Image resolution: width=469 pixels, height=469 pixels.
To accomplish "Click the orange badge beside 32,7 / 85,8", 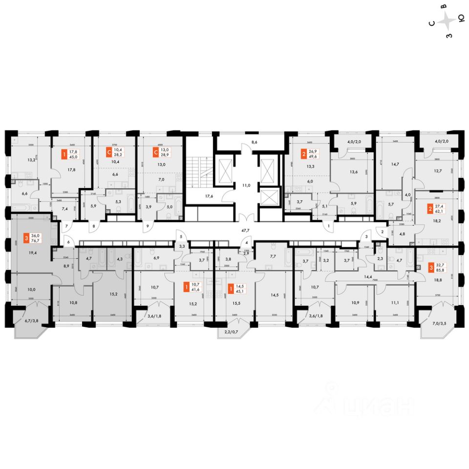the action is (430, 267).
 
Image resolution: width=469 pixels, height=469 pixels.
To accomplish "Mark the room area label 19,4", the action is (33, 253).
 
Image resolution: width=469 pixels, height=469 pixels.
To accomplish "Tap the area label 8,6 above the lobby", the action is (254, 142).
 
